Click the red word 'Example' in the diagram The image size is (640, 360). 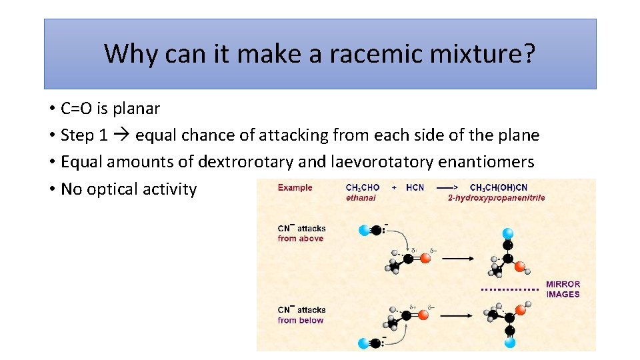point(295,187)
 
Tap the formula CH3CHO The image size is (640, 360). point(363,187)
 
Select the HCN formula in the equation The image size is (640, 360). point(415,187)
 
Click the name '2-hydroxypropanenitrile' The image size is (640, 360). point(496,197)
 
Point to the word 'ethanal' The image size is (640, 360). point(361,197)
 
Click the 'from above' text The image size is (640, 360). point(301,239)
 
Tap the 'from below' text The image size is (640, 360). point(301,320)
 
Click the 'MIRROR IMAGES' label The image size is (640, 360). point(563,289)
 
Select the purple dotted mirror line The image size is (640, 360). point(509,290)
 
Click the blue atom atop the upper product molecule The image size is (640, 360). point(508,233)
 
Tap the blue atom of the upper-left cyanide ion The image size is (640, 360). point(364,231)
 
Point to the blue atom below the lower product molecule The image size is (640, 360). point(510,342)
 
